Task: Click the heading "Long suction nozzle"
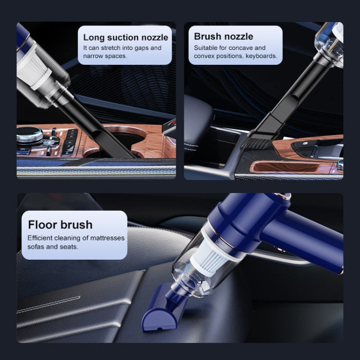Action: tap(125, 37)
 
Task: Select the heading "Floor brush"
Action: tap(60, 224)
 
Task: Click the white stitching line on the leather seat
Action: tap(48, 305)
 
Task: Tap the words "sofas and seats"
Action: tap(52, 247)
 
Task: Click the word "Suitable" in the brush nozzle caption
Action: tap(205, 48)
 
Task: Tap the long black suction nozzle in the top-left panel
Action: tap(103, 130)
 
